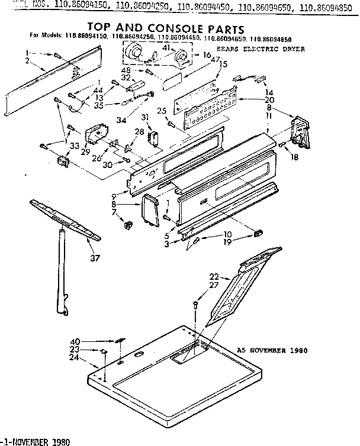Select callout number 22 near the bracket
point(214,276)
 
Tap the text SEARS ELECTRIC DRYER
point(268,50)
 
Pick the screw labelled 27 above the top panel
point(196,304)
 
